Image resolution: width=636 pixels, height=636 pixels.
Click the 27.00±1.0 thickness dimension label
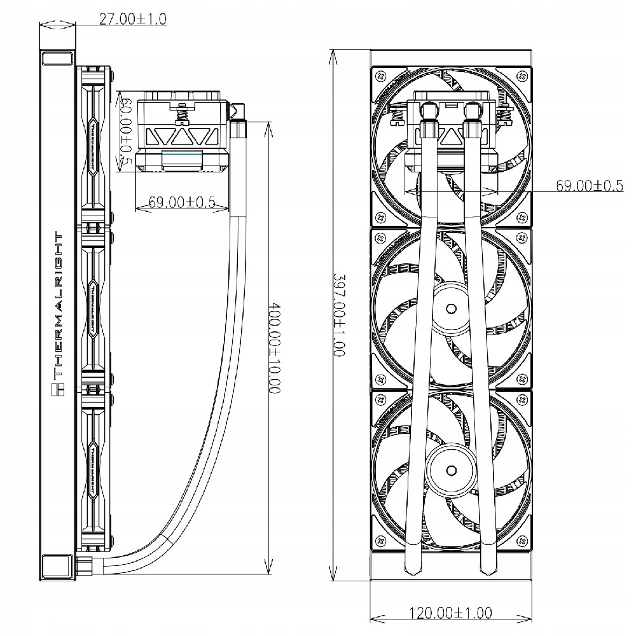pyautogui.click(x=133, y=19)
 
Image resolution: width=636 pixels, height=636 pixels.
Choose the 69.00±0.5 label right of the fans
pyautogui.click(x=588, y=186)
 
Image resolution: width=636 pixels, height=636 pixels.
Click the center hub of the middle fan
pyautogui.click(x=450, y=309)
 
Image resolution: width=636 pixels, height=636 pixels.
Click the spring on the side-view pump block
pyautogui.click(x=183, y=116)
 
